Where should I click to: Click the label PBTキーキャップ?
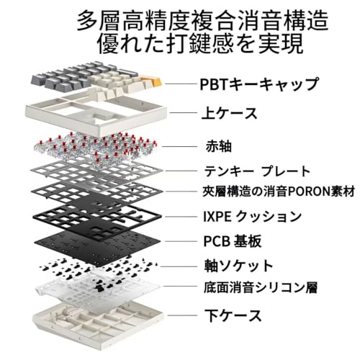259,84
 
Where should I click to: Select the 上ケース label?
230,113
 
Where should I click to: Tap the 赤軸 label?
219,146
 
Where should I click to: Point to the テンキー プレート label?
257,171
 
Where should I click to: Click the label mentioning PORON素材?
279,192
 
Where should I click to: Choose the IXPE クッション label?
253,217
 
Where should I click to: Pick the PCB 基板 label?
233,241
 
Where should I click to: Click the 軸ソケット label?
238,266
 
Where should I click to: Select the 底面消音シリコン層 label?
261,287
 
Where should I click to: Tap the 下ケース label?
233,315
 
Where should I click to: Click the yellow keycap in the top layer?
151,81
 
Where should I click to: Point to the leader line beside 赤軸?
180,146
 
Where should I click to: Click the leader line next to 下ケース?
182,315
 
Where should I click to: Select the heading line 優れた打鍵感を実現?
200,44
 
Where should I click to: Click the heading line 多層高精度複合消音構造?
202,20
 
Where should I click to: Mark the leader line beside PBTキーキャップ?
181,84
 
